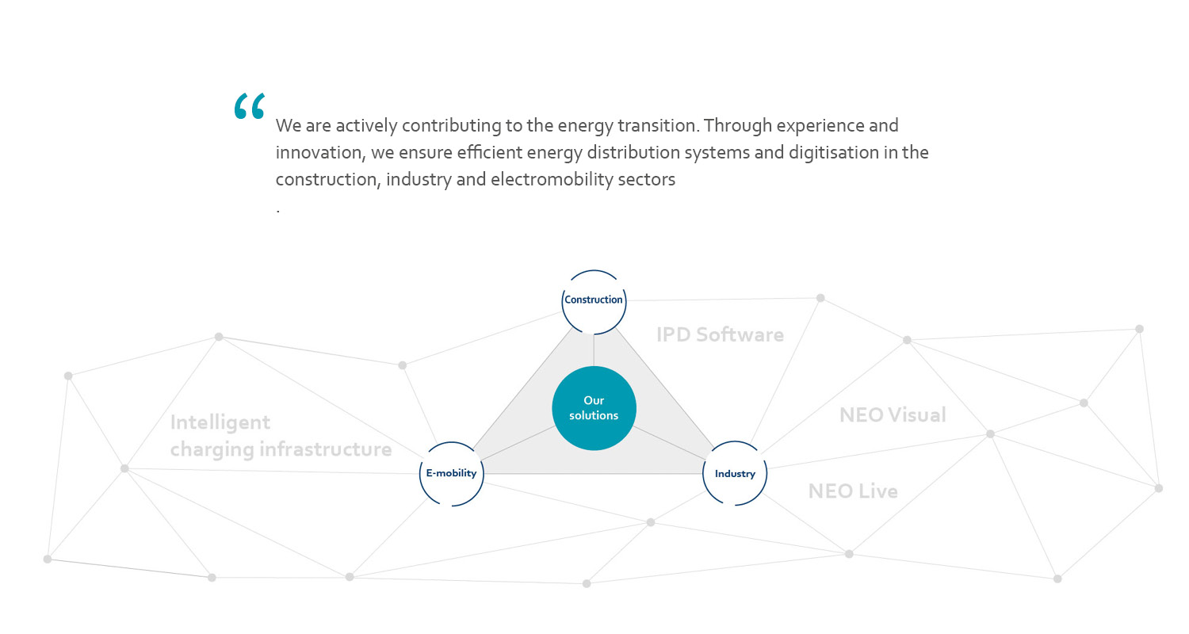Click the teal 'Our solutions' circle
[594, 408]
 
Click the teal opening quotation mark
[250, 106]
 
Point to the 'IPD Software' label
[720, 334]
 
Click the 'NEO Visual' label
[893, 415]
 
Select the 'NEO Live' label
[853, 491]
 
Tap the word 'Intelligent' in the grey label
[220, 423]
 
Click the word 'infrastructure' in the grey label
[325, 449]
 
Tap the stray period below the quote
[278, 212]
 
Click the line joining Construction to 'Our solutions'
[594, 350]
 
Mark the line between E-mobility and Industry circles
[594, 474]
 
